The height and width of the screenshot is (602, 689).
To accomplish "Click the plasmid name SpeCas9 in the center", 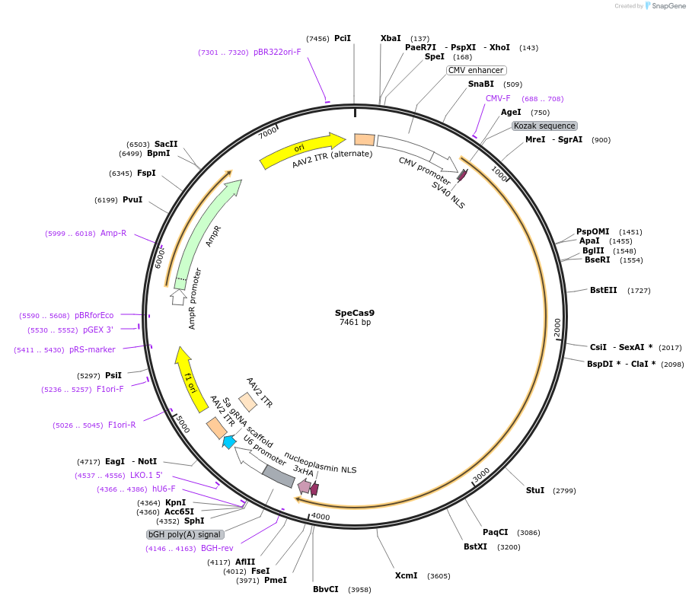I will [x=355, y=312].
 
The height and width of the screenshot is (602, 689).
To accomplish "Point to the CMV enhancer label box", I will [x=476, y=70].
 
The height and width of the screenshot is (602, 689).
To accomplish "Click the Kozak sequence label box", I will [x=544, y=126].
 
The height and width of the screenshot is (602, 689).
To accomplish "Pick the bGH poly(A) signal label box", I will [x=186, y=535].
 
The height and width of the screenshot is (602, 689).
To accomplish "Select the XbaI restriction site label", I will [x=391, y=38].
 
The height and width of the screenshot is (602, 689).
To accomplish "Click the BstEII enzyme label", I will [x=604, y=290].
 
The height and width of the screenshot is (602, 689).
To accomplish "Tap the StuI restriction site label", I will [x=535, y=490].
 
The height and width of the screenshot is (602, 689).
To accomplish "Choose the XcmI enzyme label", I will [x=406, y=575].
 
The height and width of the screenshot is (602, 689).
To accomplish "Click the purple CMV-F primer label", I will [x=498, y=98].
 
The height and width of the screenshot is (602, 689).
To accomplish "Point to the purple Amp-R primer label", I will [x=113, y=234].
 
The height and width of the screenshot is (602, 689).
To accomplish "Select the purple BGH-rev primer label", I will [x=217, y=548].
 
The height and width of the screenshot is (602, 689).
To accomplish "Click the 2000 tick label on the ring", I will [x=557, y=328].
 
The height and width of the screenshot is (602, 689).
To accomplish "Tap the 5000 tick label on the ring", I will [x=183, y=424].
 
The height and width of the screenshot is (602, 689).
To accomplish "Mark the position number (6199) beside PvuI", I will [x=106, y=200].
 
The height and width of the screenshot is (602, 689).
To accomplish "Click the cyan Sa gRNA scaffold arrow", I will [x=229, y=441].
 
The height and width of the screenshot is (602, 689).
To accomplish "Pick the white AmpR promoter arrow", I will [x=179, y=295].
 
